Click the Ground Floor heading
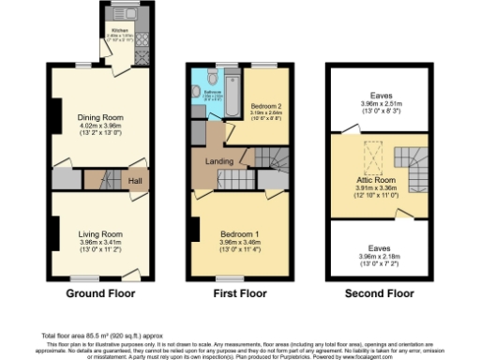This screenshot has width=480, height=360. (x=98, y=293)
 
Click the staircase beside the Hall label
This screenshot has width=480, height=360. (x=102, y=178)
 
